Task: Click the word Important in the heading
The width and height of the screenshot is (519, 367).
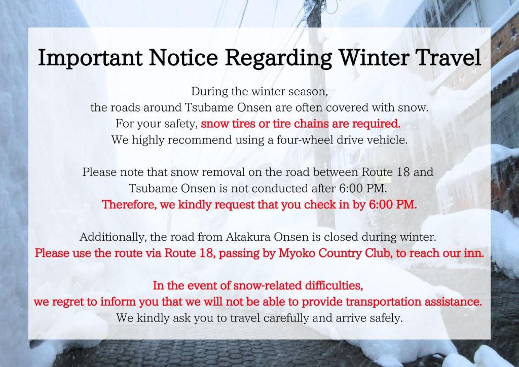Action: pyautogui.click(x=90, y=57)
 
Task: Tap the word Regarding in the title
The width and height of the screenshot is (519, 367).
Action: pyautogui.click(x=278, y=57)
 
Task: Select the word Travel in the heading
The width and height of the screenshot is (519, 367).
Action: pyautogui.click(x=448, y=57)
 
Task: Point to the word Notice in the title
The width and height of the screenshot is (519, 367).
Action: pyautogui.click(x=183, y=57)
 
